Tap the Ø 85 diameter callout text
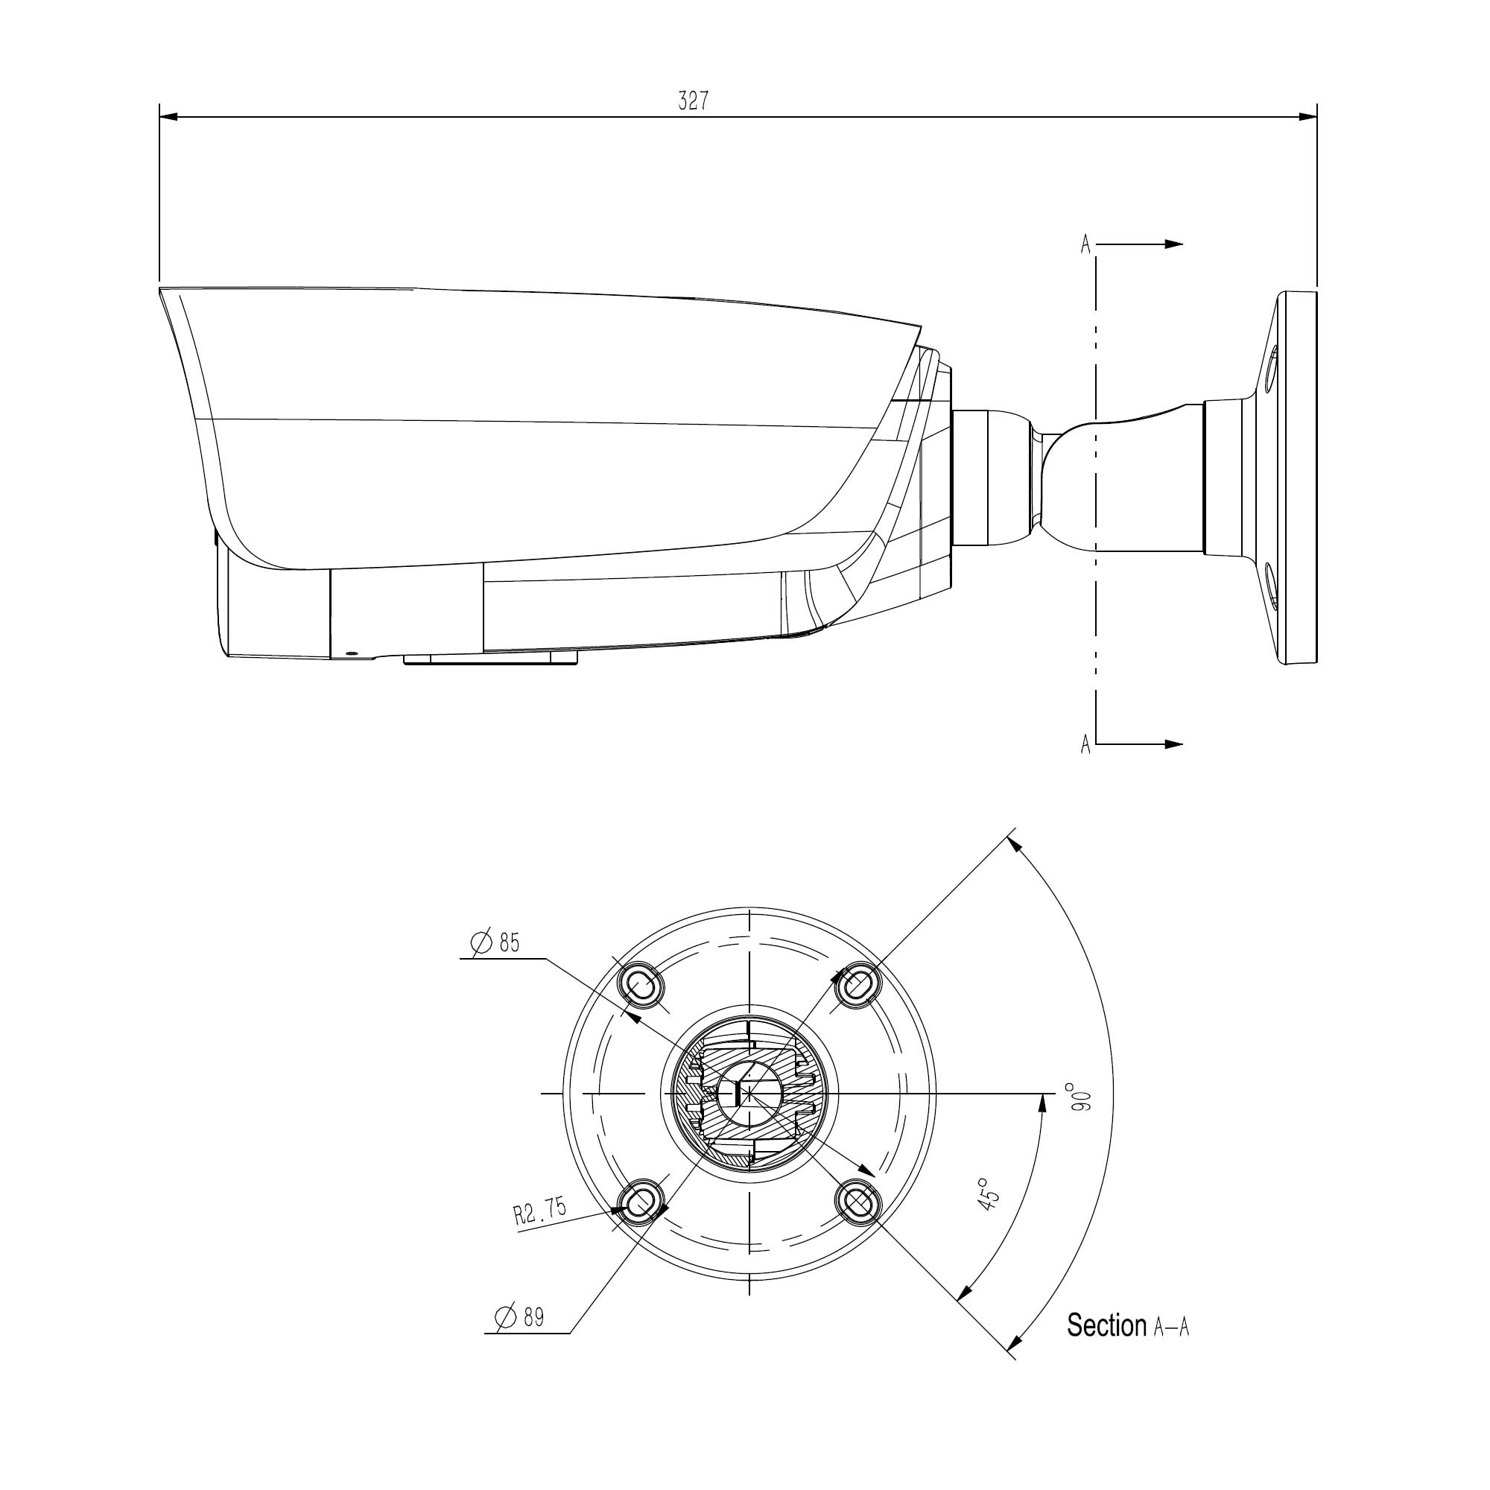point(495,942)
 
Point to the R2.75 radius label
point(540,1211)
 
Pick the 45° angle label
point(988,1193)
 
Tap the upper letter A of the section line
point(1086,244)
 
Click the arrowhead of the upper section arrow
point(1174,244)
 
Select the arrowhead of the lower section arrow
point(1174,744)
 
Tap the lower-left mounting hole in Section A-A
point(641,1202)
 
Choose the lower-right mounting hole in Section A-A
point(857,1202)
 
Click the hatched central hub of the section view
point(749,1093)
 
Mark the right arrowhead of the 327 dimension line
point(1308,117)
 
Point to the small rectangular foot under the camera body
point(490,658)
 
